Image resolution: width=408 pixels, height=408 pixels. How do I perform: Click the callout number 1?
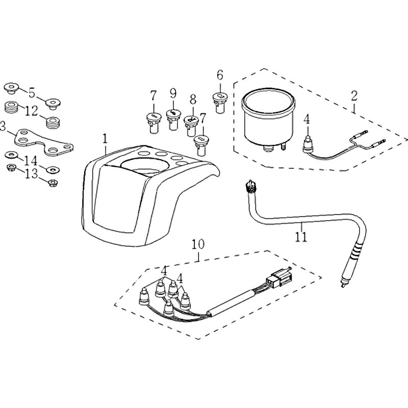pos(105,139)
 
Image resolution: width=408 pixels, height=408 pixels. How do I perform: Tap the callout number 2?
pos(354,96)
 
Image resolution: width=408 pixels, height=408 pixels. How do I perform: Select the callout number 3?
pos(3,127)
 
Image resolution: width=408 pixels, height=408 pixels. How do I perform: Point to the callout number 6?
pos(220,75)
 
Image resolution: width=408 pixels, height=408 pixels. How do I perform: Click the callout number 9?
pos(173,93)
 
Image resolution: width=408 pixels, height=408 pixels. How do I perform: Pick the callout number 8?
pos(193,99)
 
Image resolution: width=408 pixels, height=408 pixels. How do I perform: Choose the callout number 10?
pos(198,244)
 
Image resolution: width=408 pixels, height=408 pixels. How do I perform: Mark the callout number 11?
pos(301,237)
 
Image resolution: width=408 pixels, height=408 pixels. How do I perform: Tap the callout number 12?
pos(32,111)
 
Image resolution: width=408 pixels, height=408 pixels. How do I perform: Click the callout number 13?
pos(32,173)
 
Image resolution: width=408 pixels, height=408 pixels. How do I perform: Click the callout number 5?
pos(32,93)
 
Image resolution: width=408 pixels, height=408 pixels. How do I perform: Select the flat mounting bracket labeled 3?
pos(43,142)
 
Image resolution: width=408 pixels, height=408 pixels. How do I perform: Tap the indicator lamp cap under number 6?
pos(220,103)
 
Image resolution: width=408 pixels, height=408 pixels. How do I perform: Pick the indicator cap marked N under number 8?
pos(191,126)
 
